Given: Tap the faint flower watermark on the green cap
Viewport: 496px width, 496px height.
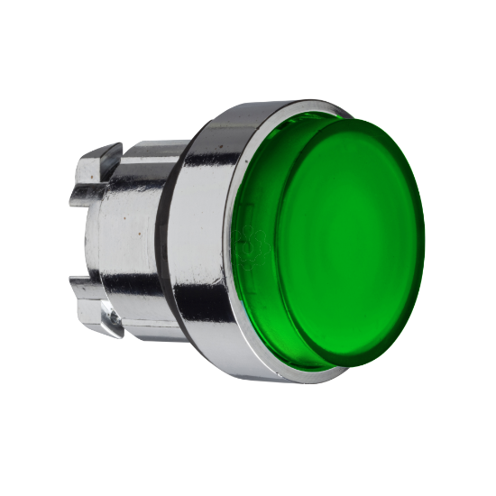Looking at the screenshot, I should [245, 238].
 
